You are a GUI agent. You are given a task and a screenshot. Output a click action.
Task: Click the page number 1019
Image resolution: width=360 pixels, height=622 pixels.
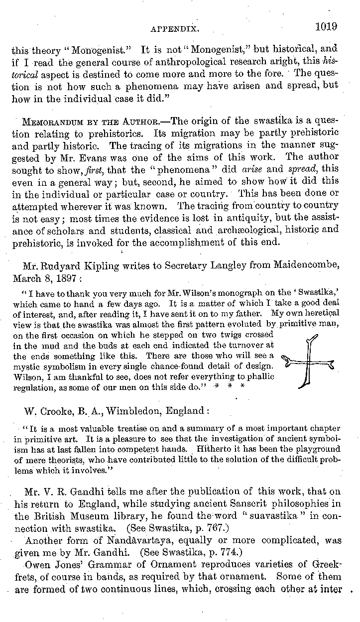point(326,26)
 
